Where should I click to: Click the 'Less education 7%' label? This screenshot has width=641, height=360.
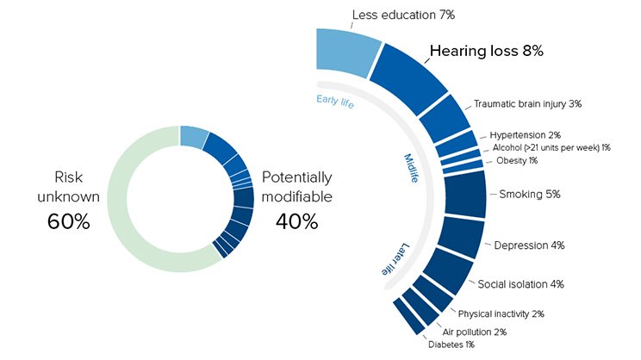(403, 15)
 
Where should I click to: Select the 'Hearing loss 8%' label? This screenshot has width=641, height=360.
(487, 51)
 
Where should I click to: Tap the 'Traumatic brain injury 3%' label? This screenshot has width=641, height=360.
(527, 103)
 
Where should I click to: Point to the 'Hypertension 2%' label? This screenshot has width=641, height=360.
(525, 135)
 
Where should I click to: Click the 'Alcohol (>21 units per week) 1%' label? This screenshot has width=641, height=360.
(551, 148)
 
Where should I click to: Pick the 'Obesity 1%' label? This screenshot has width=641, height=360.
(517, 161)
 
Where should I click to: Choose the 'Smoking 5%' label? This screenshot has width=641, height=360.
(530, 194)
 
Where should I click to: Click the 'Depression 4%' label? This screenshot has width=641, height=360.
(529, 245)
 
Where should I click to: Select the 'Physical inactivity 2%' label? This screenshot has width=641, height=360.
(501, 313)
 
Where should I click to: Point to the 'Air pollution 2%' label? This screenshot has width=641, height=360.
(474, 332)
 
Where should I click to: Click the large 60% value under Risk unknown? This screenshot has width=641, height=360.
(69, 220)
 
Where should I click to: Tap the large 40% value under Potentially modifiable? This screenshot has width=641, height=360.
(297, 220)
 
